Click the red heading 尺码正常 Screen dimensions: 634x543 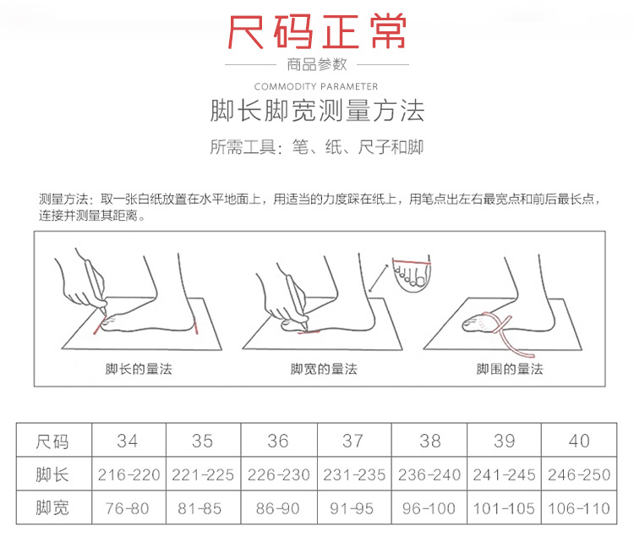pos(317,31)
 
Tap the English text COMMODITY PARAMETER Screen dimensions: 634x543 pos(316,86)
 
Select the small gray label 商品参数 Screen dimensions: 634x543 pos(317,64)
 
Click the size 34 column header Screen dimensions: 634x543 pos(128,441)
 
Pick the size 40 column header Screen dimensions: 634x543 pos(579,441)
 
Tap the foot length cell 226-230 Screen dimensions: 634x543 pos(279,474)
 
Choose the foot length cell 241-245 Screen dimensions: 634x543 pos(504,474)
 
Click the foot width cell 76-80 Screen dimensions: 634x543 pos(128,508)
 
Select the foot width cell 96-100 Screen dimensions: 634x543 pos(429,508)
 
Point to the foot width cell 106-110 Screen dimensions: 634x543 pos(579,508)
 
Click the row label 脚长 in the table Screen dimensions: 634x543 pos(52,474)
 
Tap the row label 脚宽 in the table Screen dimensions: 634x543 pos(52,508)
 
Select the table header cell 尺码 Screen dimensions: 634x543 pos(52,441)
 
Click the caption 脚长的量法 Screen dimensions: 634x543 pos(139,369)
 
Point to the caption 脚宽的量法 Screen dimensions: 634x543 pos(324,369)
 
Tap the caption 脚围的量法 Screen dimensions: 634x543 pos(510,369)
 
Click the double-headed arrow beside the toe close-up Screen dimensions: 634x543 pos(379,278)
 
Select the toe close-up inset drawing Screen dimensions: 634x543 pos(411,273)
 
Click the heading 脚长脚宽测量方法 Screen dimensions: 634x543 pos(317,111)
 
